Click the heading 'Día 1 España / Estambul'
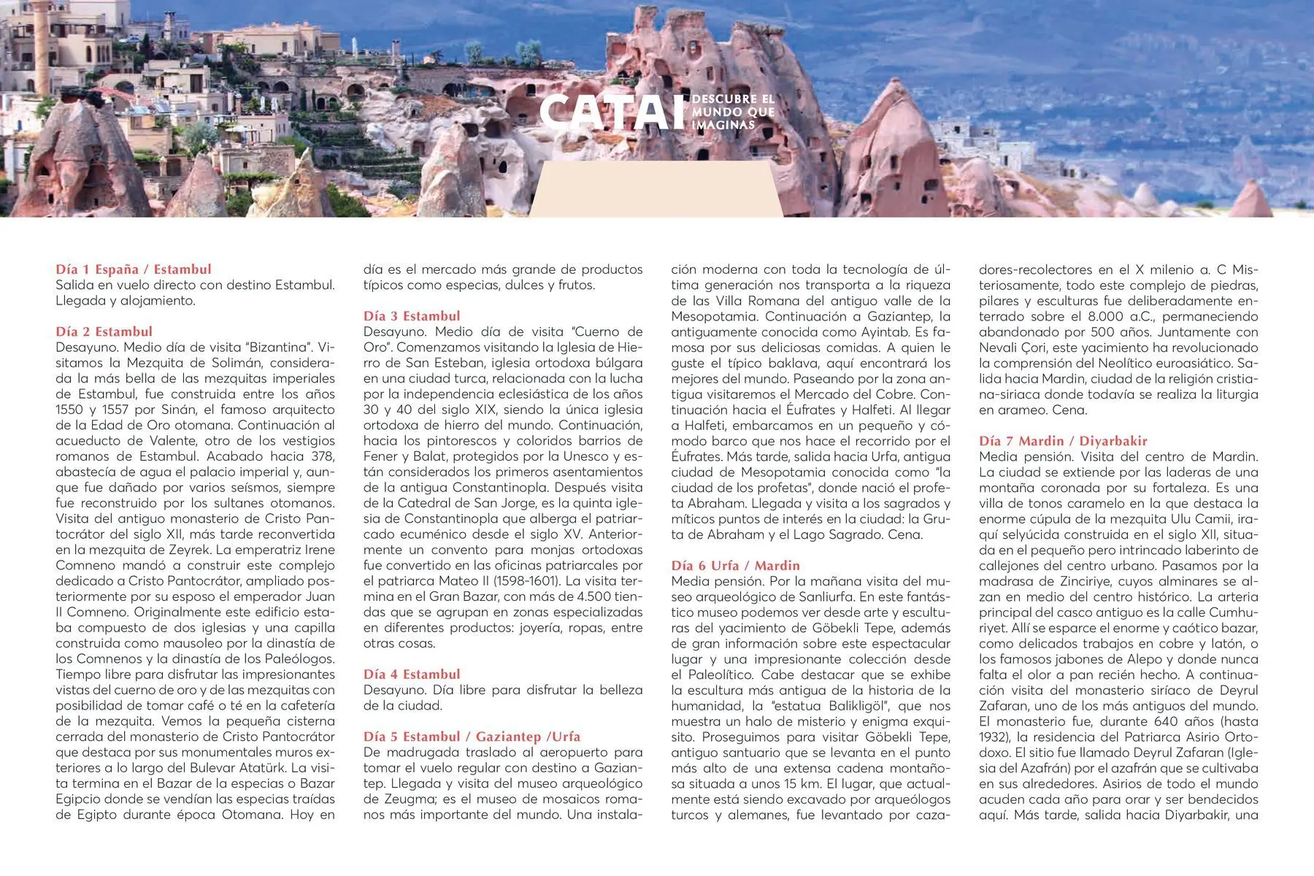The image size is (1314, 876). point(134,269)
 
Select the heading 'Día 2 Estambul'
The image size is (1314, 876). point(104,331)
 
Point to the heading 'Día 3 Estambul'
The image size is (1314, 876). point(412,316)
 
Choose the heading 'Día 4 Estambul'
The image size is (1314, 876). point(412,675)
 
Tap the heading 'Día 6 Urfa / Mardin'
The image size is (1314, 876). point(735,566)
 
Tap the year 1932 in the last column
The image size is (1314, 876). point(994,737)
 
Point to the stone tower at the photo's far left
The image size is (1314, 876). point(42,33)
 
